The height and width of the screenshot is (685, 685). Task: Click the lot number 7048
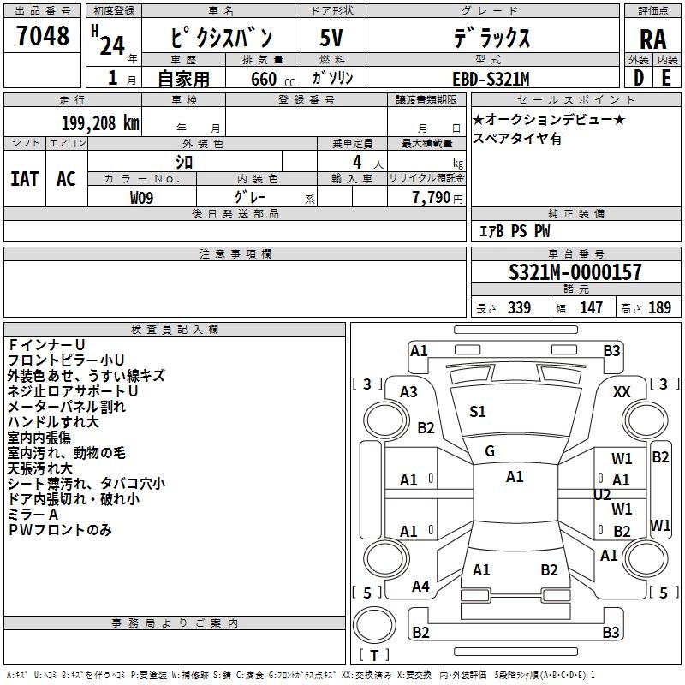pyautogui.click(x=42, y=35)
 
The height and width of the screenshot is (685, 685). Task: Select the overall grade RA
pyautogui.click(x=652, y=39)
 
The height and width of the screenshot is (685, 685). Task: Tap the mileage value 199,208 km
pyautogui.click(x=100, y=123)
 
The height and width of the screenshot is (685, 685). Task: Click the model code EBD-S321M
pyautogui.click(x=491, y=79)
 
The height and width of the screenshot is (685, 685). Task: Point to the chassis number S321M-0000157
pyautogui.click(x=575, y=272)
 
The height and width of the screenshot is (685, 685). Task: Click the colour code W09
pyautogui.click(x=141, y=198)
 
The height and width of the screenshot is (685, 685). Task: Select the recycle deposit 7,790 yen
pyautogui.click(x=438, y=198)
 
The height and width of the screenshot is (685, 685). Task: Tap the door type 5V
pyautogui.click(x=331, y=38)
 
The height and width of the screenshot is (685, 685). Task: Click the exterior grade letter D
pyautogui.click(x=639, y=78)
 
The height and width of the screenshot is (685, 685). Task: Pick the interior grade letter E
pyautogui.click(x=666, y=78)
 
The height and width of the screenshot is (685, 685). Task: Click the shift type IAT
pyautogui.click(x=25, y=179)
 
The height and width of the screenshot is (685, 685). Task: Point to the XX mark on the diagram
pyautogui.click(x=622, y=392)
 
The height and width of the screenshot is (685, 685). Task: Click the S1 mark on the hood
pyautogui.click(x=478, y=412)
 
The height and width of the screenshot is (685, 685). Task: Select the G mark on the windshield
pyautogui.click(x=490, y=451)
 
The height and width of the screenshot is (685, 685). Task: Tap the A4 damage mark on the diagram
pyautogui.click(x=420, y=587)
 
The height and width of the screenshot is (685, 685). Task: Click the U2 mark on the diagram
pyautogui.click(x=602, y=495)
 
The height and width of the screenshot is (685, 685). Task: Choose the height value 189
pyautogui.click(x=659, y=307)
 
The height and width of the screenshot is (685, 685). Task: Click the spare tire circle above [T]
pyautogui.click(x=374, y=625)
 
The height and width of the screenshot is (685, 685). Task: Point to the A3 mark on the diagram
pyautogui.click(x=408, y=392)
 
